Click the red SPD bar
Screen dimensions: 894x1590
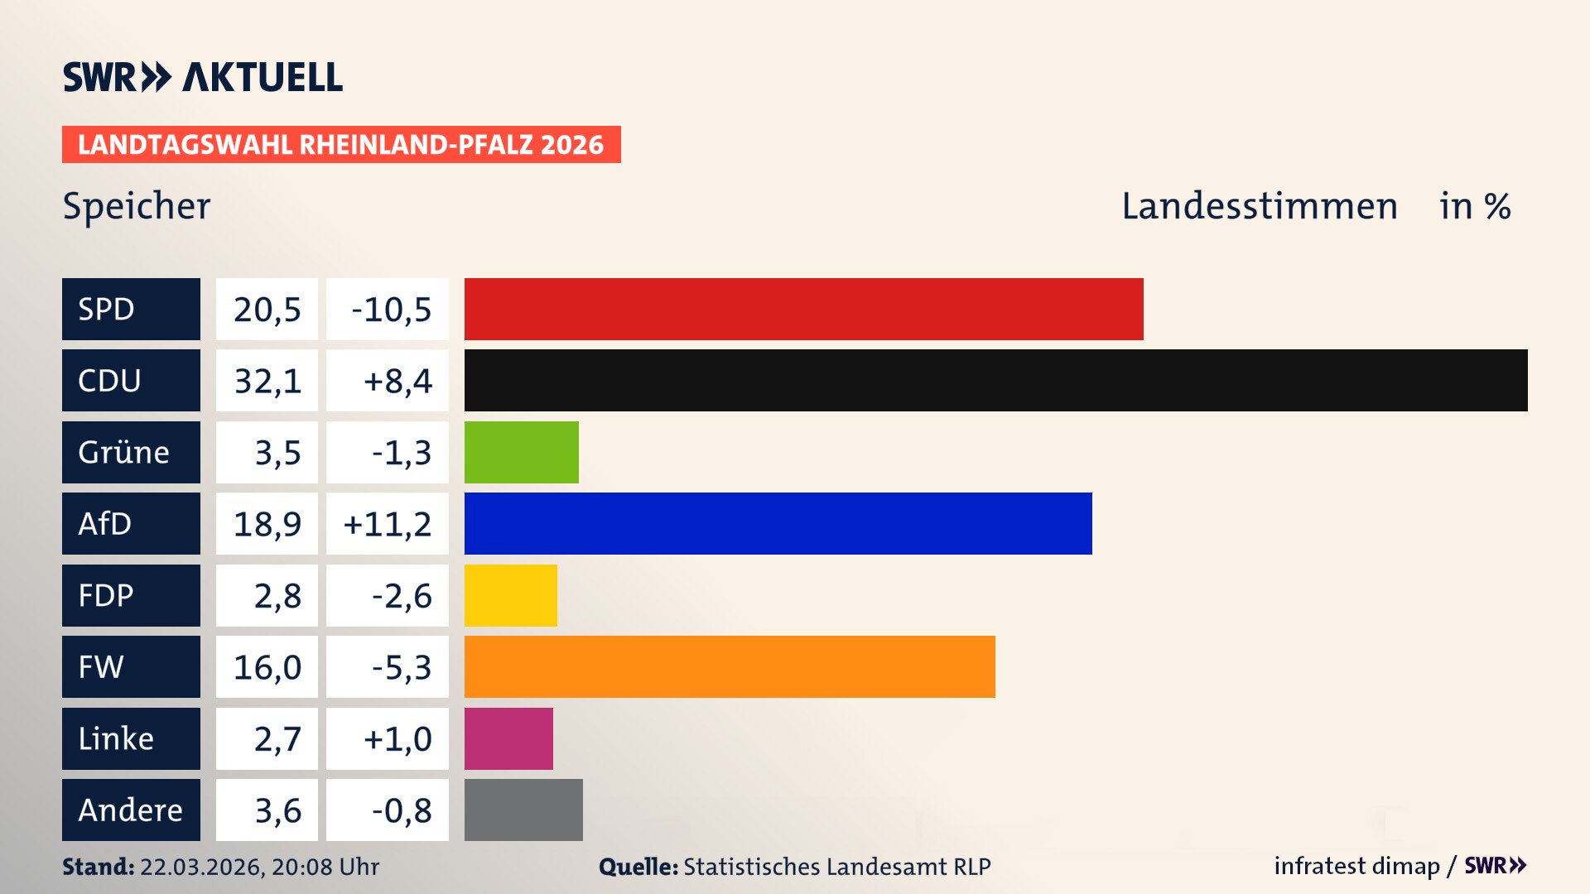[x=803, y=309]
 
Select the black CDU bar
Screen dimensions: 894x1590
[x=995, y=380]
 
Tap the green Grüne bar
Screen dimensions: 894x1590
[x=521, y=452]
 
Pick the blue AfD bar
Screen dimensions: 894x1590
[x=778, y=523]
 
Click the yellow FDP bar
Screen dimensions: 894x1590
[x=510, y=595]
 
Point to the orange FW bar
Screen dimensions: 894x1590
[x=729, y=666]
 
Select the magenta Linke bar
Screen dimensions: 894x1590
[x=508, y=738]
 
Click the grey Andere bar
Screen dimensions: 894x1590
[x=523, y=810]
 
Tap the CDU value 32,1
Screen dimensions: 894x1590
[x=267, y=381]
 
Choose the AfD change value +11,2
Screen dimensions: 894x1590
[x=388, y=523]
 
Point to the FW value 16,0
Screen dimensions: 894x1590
[x=267, y=666]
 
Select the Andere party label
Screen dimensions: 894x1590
[x=131, y=810]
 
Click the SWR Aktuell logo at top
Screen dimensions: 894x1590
[x=203, y=77]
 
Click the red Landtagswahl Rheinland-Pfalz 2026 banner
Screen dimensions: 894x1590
[x=341, y=145]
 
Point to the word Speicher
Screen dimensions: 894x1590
[x=137, y=206]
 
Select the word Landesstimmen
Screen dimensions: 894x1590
[x=1259, y=206]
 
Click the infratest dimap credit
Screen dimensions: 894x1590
[x=1356, y=866]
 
